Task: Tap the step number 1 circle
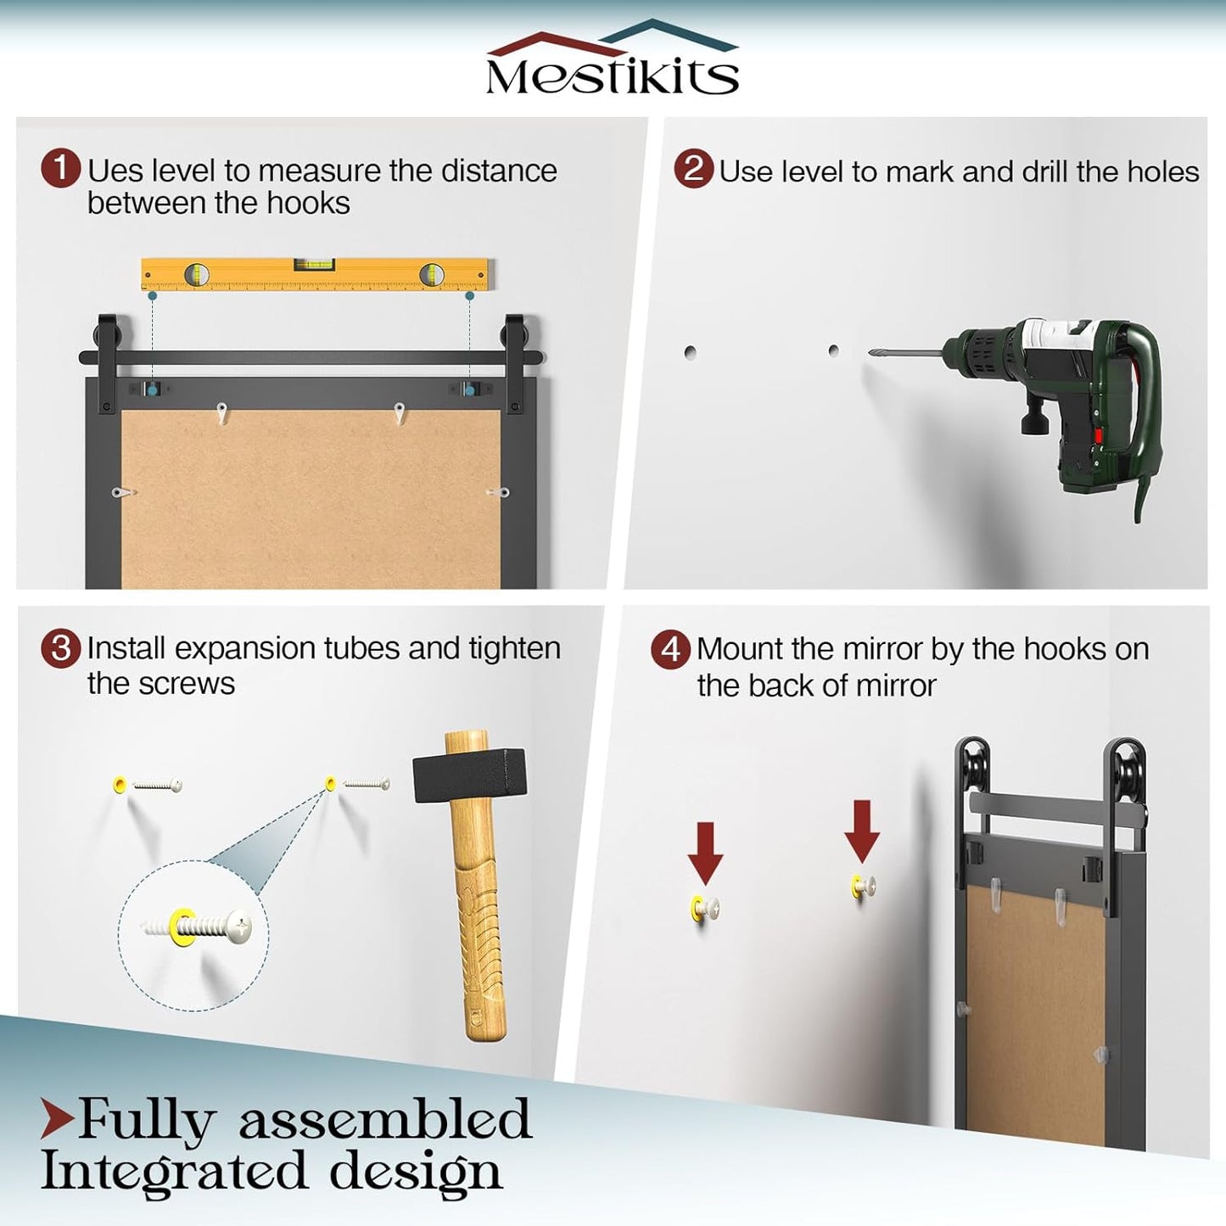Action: [60, 169]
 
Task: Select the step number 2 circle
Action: [693, 169]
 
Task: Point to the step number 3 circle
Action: [60, 649]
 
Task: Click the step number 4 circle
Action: [670, 650]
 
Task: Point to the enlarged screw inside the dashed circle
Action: [196, 925]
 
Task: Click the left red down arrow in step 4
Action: [705, 853]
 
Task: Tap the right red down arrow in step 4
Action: [862, 831]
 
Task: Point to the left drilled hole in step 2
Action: [690, 352]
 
